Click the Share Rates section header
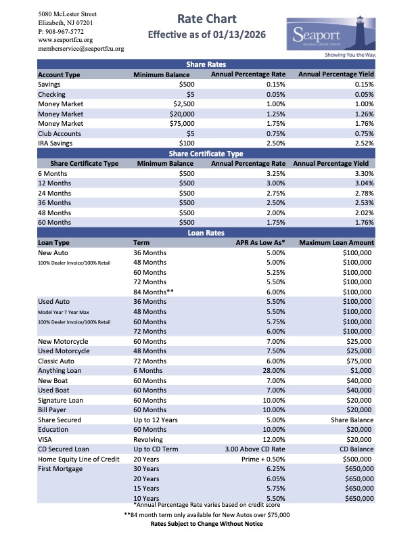click(205, 64)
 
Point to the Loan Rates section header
click(205, 231)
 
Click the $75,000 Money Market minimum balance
click(181, 124)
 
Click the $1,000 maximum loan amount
click(361, 370)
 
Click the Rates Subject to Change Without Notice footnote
click(206, 524)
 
